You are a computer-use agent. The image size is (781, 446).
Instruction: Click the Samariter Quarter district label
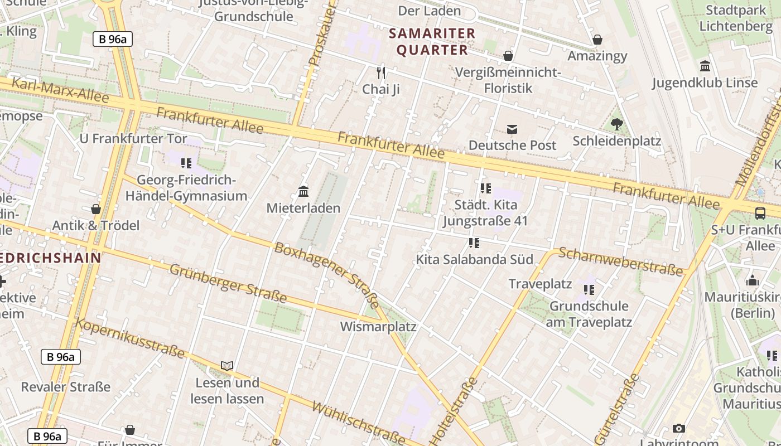point(432,42)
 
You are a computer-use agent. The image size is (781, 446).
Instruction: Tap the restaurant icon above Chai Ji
point(381,72)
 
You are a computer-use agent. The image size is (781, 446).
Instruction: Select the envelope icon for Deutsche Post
point(512,129)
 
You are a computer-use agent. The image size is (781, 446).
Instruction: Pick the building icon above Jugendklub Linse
point(705,66)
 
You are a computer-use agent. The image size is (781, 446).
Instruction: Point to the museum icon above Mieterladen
point(303,192)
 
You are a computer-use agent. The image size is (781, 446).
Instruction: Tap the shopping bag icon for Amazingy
point(597,40)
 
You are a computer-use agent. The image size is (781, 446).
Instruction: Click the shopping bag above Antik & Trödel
point(96,209)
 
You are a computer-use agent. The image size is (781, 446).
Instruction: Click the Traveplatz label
point(540,284)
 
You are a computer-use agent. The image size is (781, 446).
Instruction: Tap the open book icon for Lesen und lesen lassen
point(226,366)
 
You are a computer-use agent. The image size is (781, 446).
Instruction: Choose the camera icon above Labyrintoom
point(678,428)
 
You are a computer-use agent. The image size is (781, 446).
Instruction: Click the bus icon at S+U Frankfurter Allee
point(760,213)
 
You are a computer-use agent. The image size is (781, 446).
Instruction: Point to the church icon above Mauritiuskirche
point(753,280)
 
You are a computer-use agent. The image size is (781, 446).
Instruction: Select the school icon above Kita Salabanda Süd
point(474,243)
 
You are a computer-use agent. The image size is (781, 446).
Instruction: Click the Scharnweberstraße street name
point(620,261)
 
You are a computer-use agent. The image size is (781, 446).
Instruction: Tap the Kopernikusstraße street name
point(130,338)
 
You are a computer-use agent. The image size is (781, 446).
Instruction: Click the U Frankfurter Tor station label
point(133,139)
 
